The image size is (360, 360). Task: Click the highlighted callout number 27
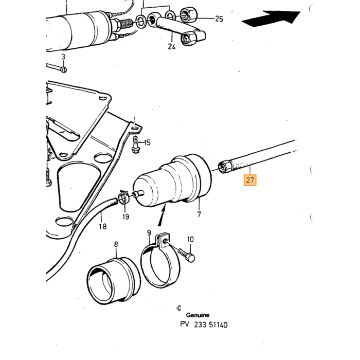pos(250,180)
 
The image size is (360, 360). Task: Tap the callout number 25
pos(219,19)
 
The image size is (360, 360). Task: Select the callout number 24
pos(171,47)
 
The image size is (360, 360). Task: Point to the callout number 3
pos(63,57)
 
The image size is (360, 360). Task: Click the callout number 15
pos(147,142)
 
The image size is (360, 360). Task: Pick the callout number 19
pos(125,217)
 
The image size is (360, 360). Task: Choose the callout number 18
pos(103,227)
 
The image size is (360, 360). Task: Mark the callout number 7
pos(199,214)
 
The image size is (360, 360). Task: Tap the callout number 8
pos(116,244)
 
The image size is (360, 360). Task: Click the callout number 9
pos(149,233)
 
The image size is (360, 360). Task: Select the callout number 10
pos(190,240)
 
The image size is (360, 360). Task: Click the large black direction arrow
pos(271,19)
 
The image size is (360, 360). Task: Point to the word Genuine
pos(197,315)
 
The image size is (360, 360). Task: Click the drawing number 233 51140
pos(211,325)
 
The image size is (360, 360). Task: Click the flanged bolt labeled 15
pos(135,145)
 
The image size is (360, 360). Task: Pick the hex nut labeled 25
pos(189,15)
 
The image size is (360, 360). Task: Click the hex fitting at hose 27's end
pos(225,167)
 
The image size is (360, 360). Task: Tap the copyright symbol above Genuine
pos(179,308)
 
